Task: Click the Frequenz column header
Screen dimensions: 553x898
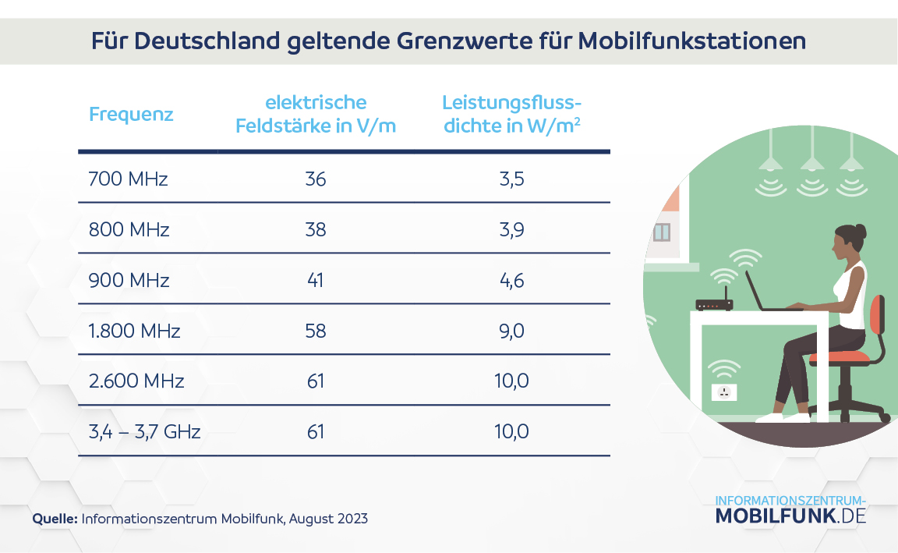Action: click(x=131, y=115)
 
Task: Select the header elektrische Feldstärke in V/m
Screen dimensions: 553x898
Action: click(x=316, y=114)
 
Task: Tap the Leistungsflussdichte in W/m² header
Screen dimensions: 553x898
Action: click(x=512, y=114)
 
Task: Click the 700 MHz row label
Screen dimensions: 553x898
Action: click(x=129, y=179)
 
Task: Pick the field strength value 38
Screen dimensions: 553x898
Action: click(x=316, y=230)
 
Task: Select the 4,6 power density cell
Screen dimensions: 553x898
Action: click(x=512, y=280)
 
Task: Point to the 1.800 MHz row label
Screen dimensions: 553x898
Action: click(x=135, y=331)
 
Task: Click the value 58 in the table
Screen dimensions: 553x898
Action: click(x=316, y=331)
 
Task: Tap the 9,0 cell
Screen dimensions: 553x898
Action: click(x=512, y=331)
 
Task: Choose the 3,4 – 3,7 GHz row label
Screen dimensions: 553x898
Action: click(x=145, y=431)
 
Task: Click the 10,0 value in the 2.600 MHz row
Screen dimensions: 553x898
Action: click(x=512, y=381)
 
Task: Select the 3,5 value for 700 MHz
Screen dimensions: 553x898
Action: click(x=512, y=179)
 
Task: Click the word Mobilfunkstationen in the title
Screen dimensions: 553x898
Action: click(x=692, y=41)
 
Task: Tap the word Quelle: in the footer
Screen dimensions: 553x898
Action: click(x=55, y=519)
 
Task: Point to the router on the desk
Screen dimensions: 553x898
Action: click(x=714, y=304)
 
